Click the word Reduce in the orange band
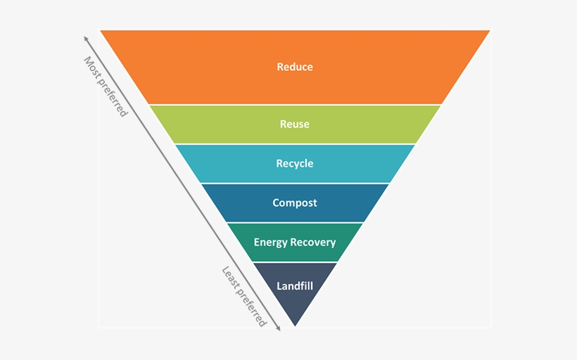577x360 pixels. click(295, 67)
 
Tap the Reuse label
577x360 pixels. click(295, 124)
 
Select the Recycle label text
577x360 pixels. click(295, 164)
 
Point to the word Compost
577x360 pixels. click(295, 203)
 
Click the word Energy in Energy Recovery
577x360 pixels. click(270, 243)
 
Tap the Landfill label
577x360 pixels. click(295, 286)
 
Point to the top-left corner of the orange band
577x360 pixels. click(101, 30)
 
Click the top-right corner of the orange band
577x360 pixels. click(490, 30)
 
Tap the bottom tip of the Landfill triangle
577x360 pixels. click(295, 326)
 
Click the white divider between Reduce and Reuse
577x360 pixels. click(295, 105)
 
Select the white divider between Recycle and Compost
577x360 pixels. click(295, 184)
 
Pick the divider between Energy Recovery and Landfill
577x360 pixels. click(295, 262)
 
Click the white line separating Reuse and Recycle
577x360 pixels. click(295, 144)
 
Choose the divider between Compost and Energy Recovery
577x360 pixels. click(295, 223)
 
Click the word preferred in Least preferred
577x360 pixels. click(252, 308)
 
